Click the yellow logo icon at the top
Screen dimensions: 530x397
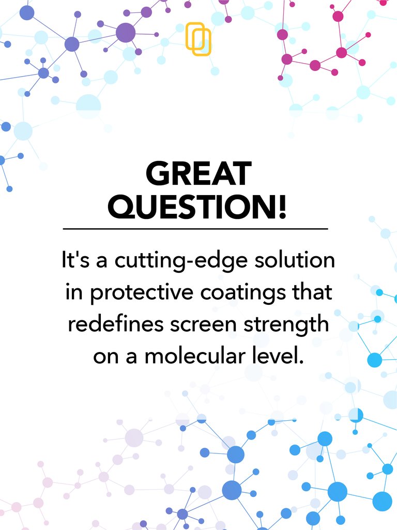point(198,39)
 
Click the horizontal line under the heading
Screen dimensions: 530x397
point(195,228)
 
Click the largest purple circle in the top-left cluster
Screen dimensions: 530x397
point(126,33)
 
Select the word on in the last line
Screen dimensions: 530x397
point(105,357)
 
